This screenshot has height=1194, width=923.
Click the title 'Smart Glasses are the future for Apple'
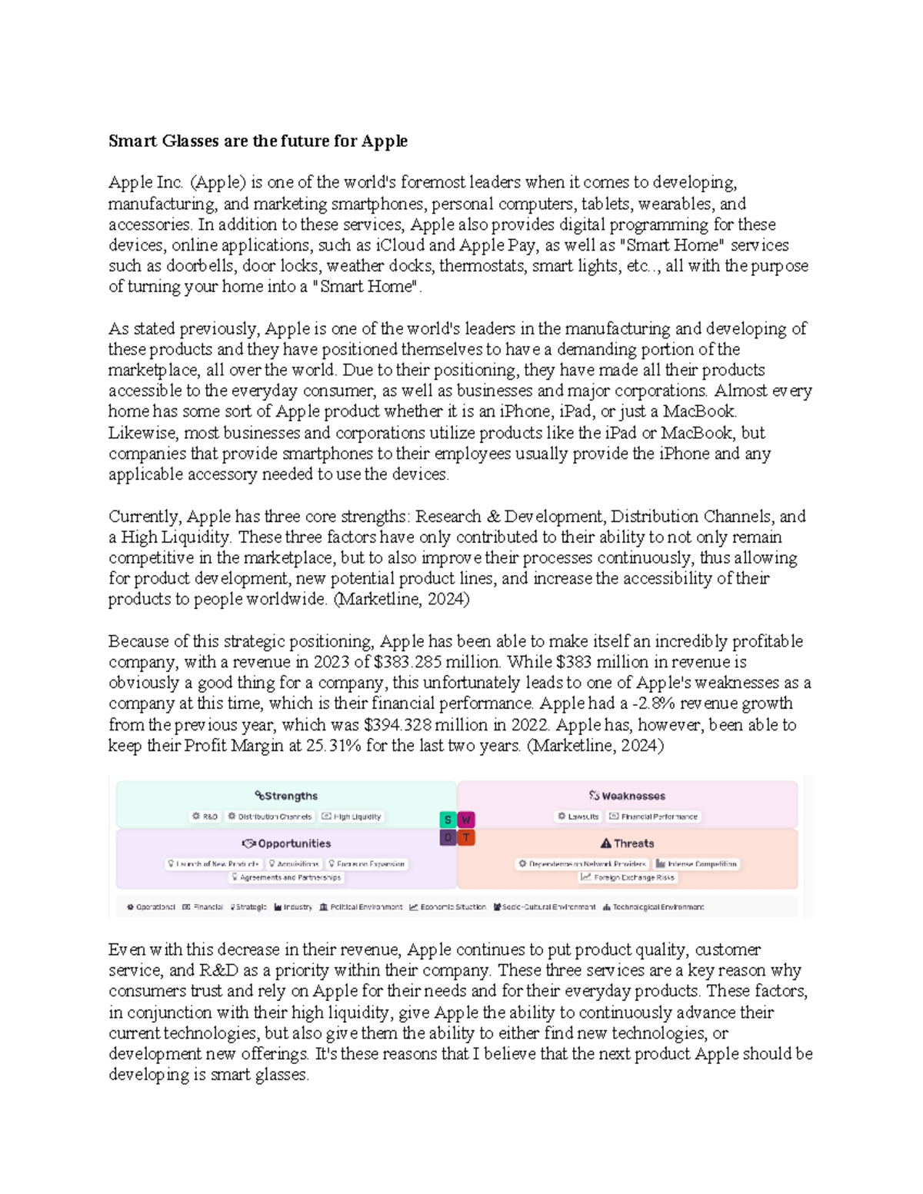[258, 141]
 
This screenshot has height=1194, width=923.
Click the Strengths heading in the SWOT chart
[286, 796]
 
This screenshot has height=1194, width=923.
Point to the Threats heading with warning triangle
[627, 843]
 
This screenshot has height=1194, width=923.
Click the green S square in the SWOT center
[448, 820]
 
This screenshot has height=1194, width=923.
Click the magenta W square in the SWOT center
[466, 820]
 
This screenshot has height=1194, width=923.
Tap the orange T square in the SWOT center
[466, 837]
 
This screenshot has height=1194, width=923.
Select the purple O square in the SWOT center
[448, 837]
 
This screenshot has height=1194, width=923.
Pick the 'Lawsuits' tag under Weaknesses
[578, 817]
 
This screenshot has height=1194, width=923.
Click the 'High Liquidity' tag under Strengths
[352, 817]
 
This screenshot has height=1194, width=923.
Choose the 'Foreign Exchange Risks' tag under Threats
[628, 877]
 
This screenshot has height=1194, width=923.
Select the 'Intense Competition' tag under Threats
[697, 864]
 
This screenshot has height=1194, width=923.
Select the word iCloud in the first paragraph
[400, 245]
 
